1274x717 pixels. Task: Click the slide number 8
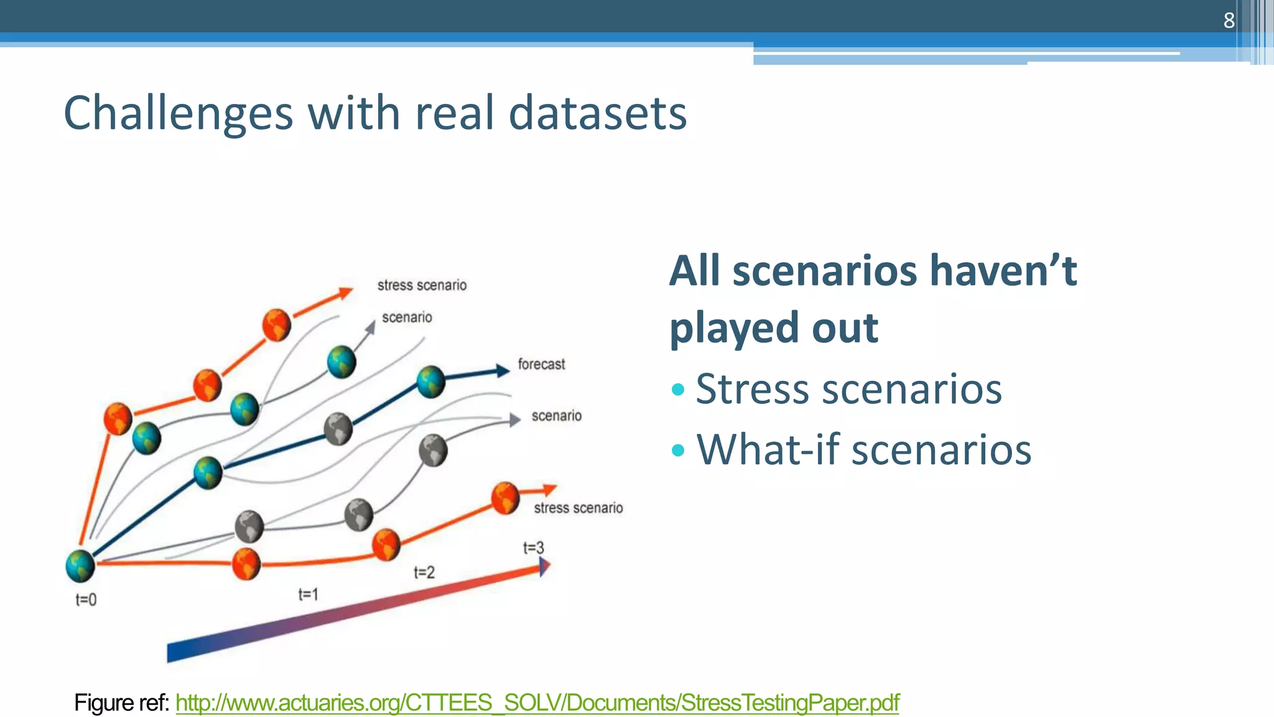pyautogui.click(x=1229, y=21)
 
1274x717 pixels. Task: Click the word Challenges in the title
pyautogui.click(x=178, y=113)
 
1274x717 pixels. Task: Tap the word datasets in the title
pyautogui.click(x=597, y=113)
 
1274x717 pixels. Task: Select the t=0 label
pyautogui.click(x=86, y=599)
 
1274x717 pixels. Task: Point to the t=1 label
pyautogui.click(x=308, y=594)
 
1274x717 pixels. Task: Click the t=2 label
pyautogui.click(x=424, y=572)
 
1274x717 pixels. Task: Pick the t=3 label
pyautogui.click(x=533, y=548)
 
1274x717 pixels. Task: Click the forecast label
pyautogui.click(x=541, y=364)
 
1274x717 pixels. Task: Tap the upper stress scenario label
pyautogui.click(x=422, y=285)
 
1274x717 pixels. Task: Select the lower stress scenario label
pyautogui.click(x=578, y=508)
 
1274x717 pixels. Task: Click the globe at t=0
pyautogui.click(x=80, y=565)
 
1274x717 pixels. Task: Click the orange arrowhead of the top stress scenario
pyautogui.click(x=345, y=293)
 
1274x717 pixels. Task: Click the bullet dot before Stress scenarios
pyautogui.click(x=678, y=390)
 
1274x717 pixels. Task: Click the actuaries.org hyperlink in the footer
pyautogui.click(x=537, y=703)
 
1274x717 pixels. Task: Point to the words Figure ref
pyautogui.click(x=121, y=703)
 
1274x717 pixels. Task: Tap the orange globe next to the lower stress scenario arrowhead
pyautogui.click(x=505, y=497)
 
